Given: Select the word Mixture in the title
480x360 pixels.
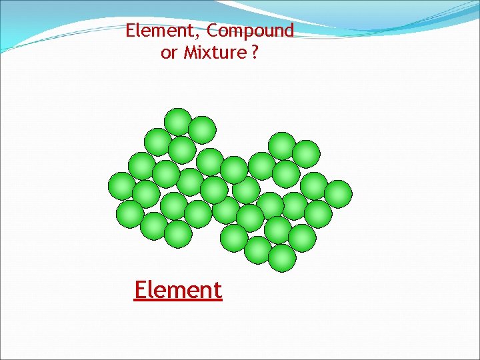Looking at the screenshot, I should (x=214, y=53).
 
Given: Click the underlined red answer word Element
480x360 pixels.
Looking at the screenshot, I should (x=177, y=290).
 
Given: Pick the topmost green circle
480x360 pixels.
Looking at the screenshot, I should (x=178, y=122).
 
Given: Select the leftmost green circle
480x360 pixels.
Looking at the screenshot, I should (x=122, y=186).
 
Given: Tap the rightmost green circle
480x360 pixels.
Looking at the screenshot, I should (x=338, y=194).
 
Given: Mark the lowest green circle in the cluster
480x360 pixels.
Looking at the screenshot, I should (x=282, y=258).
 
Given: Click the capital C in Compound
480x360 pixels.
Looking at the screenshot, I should (x=213, y=31).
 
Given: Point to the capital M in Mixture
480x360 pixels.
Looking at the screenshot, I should (x=189, y=53).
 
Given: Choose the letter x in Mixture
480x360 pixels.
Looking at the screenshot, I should (x=207, y=53).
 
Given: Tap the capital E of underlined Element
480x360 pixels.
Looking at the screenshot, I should (x=141, y=290).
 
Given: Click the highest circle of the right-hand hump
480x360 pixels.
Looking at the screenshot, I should (x=282, y=146).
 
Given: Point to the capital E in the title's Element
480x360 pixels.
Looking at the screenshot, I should (x=130, y=31).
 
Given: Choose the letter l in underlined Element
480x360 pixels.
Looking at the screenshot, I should (x=153, y=289).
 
